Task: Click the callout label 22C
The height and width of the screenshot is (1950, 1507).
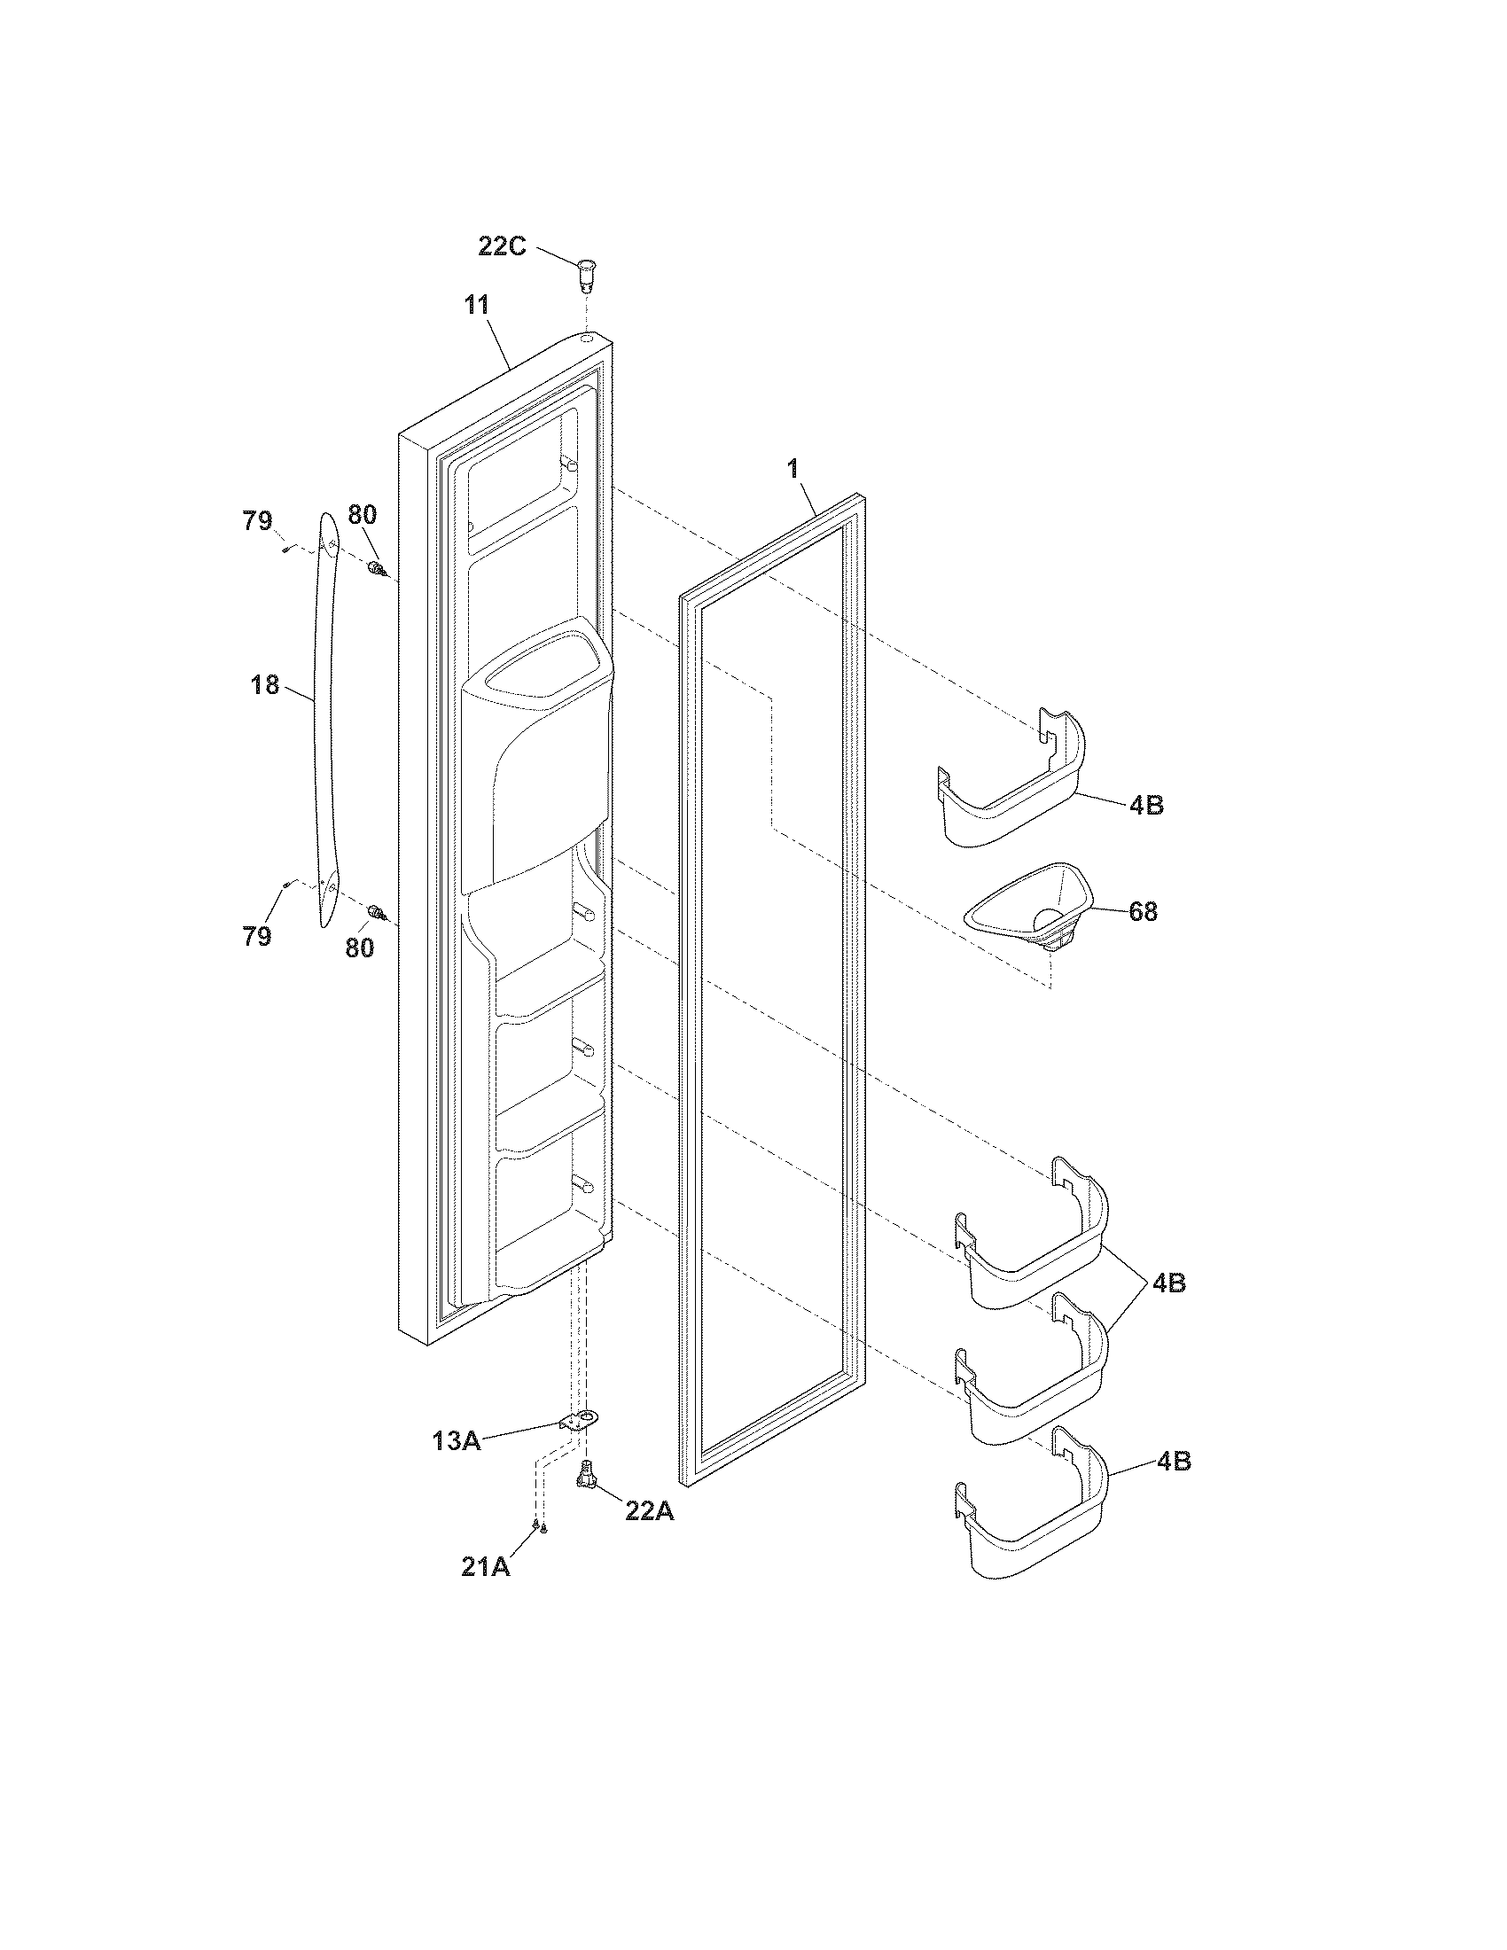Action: click(x=502, y=246)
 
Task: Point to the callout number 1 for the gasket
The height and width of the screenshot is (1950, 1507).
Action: click(x=791, y=470)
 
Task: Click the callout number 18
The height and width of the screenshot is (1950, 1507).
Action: click(x=265, y=686)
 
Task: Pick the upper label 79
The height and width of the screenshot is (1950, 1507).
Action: click(x=258, y=520)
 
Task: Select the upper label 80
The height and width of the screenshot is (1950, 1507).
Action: click(x=362, y=514)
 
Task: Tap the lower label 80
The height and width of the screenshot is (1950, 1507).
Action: click(x=360, y=948)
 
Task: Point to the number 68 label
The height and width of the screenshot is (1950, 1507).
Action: click(x=1143, y=911)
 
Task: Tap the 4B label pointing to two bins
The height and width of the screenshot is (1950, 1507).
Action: click(x=1167, y=1283)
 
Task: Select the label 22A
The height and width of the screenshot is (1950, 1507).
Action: click(x=648, y=1509)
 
